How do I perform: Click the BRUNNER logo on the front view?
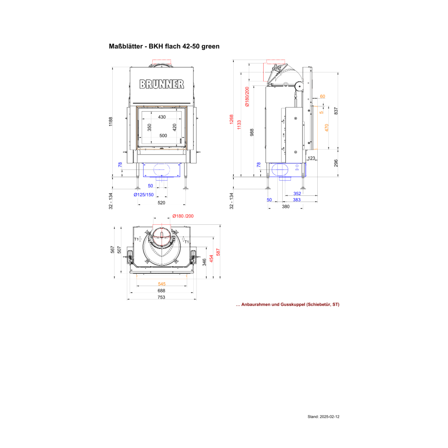(162, 84)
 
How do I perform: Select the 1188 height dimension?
(111, 122)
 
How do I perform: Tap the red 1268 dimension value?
(231, 119)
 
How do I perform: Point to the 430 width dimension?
(162, 117)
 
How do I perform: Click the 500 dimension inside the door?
(163, 136)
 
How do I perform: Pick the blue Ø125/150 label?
(143, 195)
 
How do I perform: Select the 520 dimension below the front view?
(161, 203)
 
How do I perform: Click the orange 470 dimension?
(327, 128)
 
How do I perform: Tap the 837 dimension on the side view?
(336, 111)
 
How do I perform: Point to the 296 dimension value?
(336, 163)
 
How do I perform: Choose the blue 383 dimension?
(297, 200)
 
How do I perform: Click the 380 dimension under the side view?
(286, 206)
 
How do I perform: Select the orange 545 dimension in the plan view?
(162, 284)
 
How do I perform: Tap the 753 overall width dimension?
(161, 297)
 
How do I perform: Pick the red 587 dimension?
(218, 252)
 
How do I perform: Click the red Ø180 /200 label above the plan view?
(183, 216)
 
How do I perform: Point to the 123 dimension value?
(311, 158)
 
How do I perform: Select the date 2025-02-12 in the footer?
(329, 417)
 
